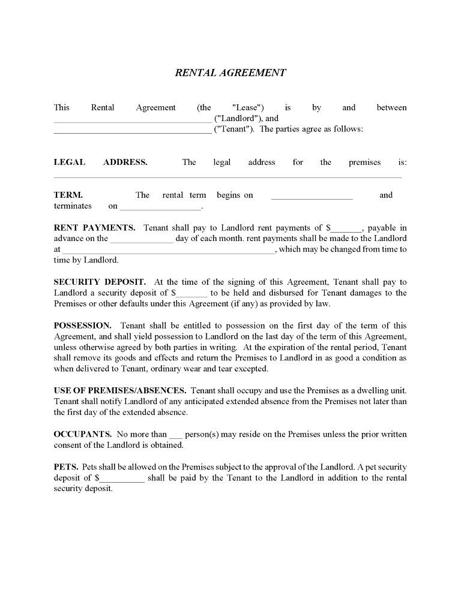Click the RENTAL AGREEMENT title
click(230, 73)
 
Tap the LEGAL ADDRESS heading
click(100, 162)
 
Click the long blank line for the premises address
click(227, 176)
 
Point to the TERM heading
click(68, 195)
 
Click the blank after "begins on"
click(312, 197)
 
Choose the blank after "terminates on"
click(161, 208)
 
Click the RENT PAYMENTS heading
click(94, 228)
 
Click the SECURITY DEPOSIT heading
click(100, 282)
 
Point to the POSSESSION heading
click(82, 326)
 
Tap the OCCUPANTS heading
click(82, 434)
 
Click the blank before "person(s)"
click(175, 437)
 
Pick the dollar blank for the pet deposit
click(122, 480)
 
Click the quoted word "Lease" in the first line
click(248, 108)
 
